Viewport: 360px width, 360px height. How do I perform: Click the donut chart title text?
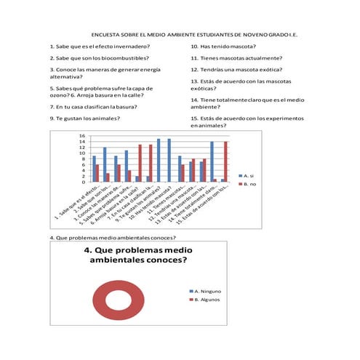pos(139,255)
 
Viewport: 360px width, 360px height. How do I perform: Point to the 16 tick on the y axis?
pos(83,136)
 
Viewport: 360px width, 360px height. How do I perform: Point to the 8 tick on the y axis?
pos(83,159)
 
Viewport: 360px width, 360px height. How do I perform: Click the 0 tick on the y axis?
pos(83,182)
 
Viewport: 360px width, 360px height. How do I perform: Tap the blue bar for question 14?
pos(212,161)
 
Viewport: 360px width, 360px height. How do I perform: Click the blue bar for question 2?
pos(105,164)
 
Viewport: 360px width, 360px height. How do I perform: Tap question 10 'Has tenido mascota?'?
pos(227,46)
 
